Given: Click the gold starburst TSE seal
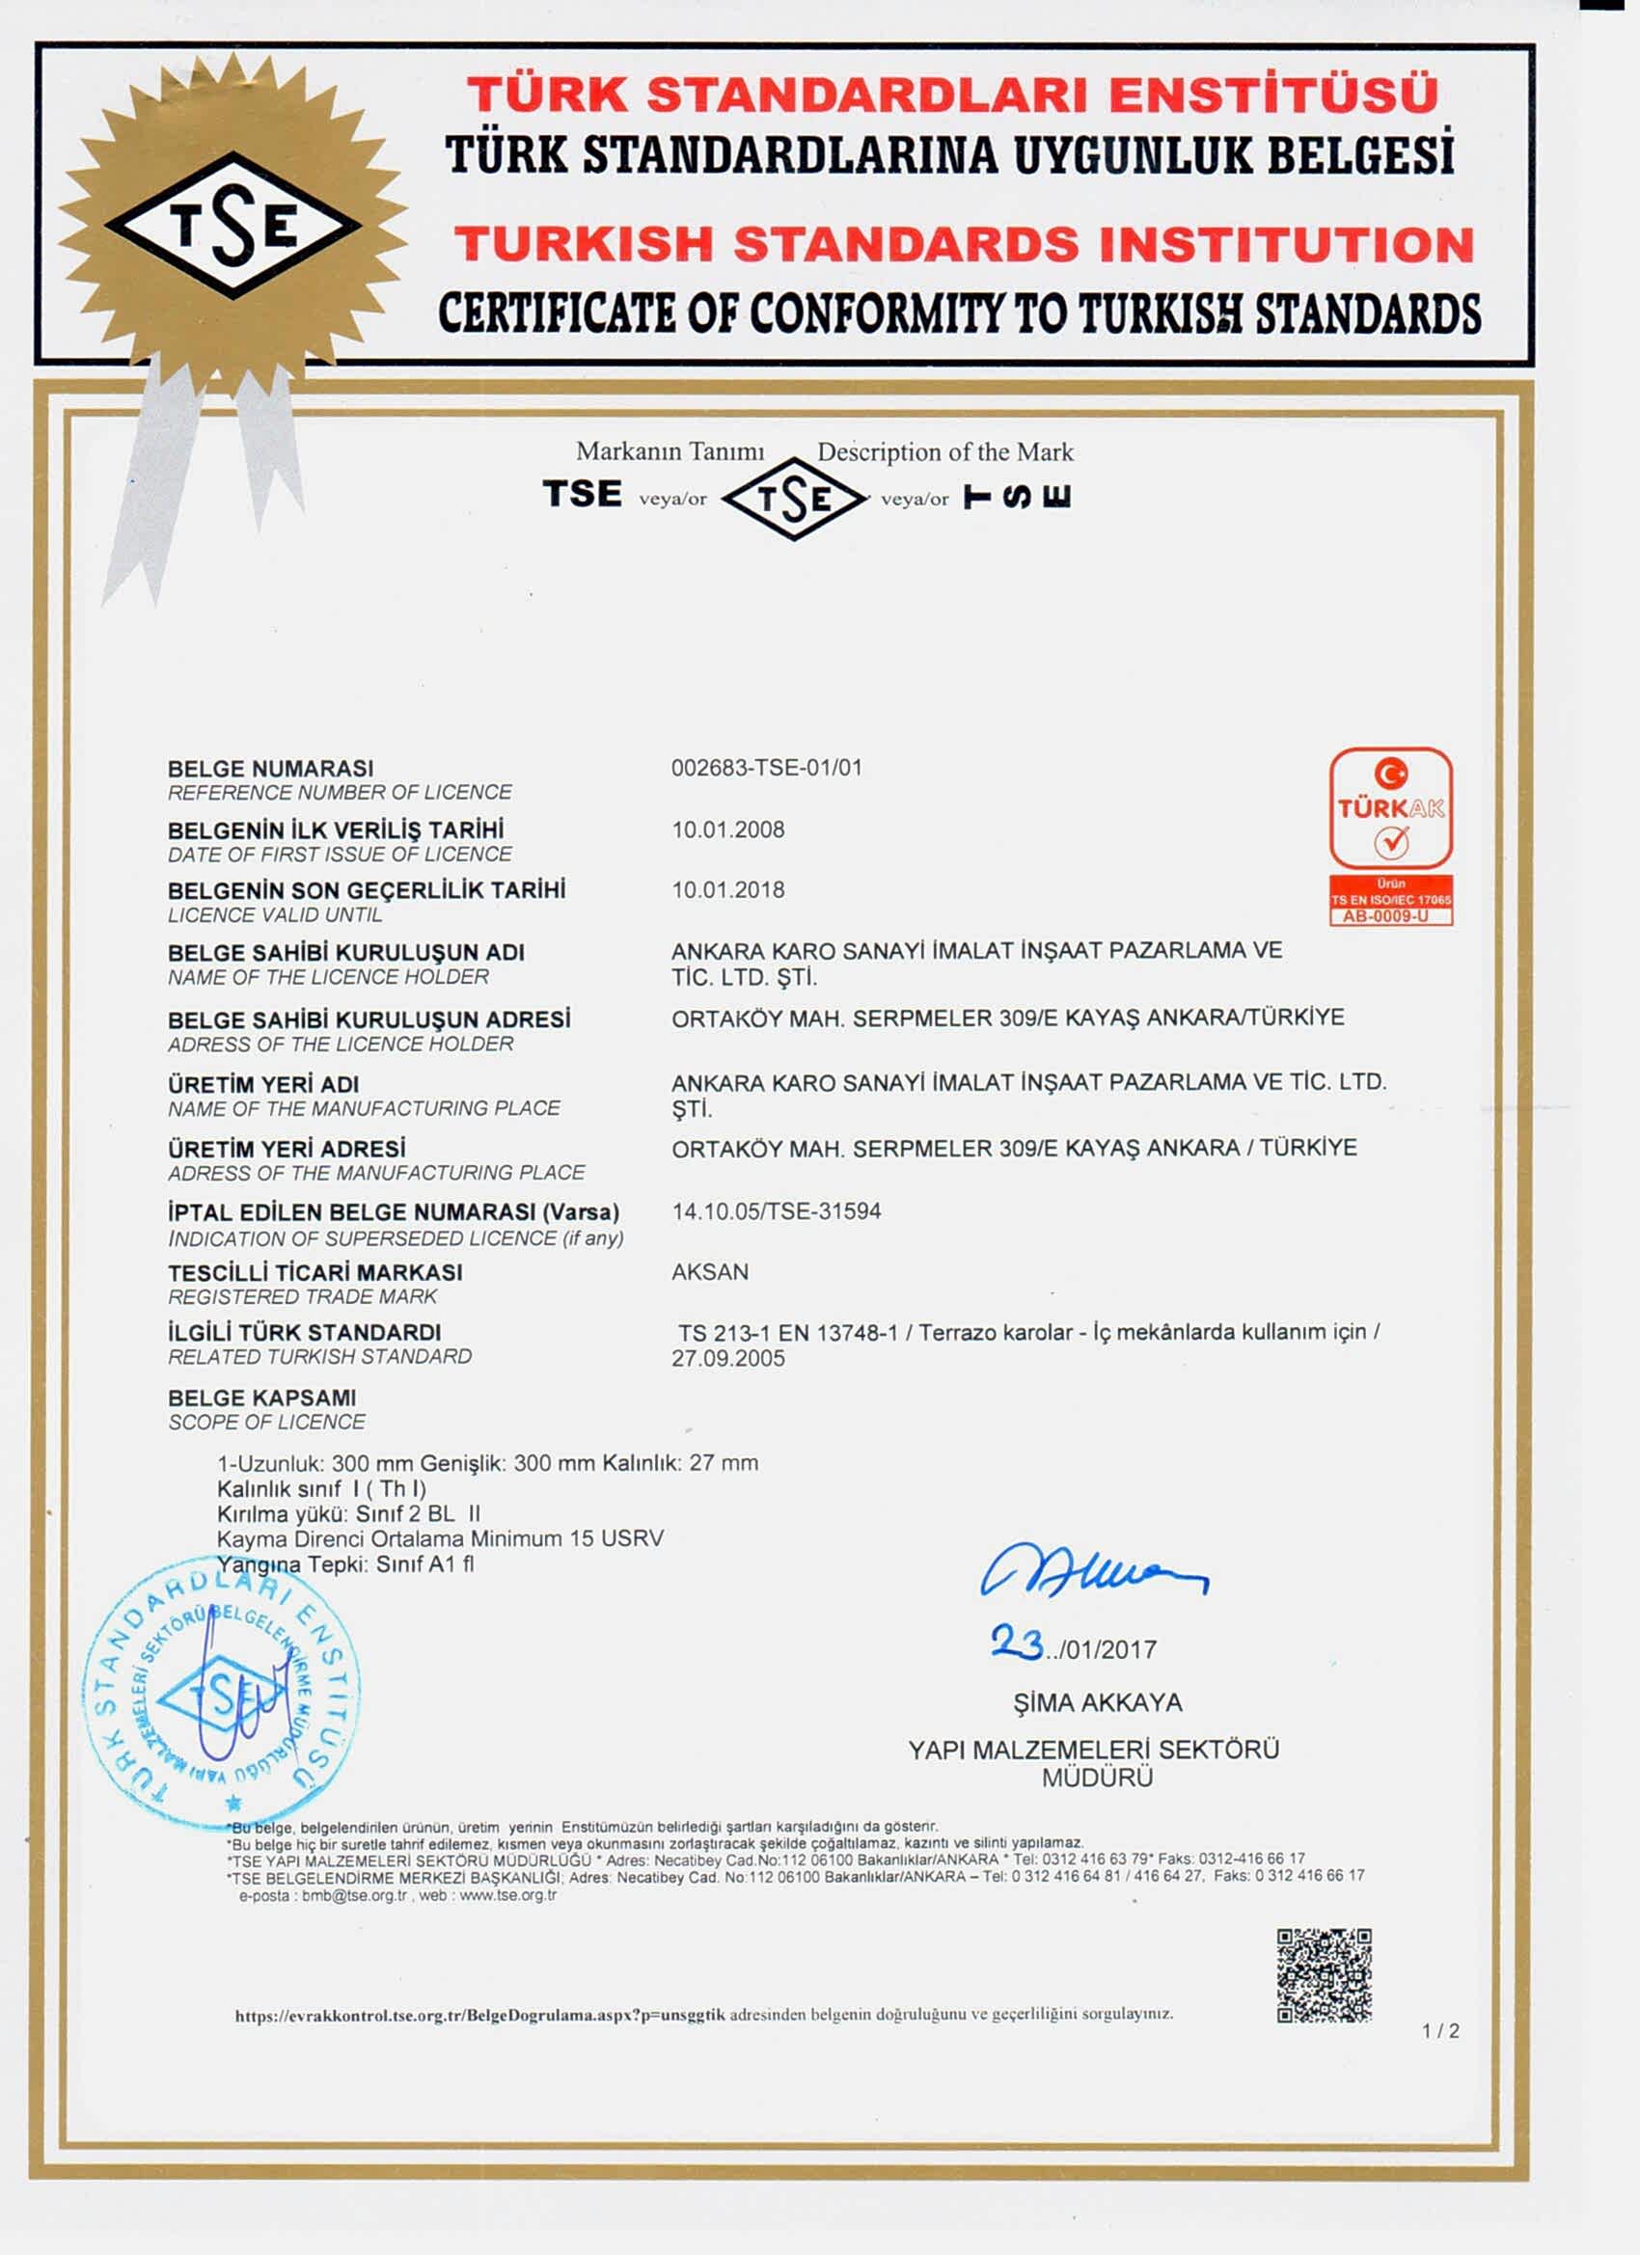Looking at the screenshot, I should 232,225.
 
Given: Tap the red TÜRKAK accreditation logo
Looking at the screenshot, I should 1391,836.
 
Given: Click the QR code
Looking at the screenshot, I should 1324,1975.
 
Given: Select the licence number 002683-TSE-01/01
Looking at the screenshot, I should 767,768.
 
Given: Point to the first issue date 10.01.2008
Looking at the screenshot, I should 728,829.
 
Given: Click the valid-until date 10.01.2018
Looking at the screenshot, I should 728,890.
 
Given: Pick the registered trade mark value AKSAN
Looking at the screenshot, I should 710,1271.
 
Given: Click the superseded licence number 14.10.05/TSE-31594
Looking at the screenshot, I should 777,1211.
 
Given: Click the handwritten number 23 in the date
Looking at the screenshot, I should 1017,1643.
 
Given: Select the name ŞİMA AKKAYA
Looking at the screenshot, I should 1097,1703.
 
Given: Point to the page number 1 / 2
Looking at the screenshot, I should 1440,2031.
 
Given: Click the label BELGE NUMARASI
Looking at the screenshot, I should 270,769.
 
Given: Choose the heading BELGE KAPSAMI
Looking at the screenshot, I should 261,1397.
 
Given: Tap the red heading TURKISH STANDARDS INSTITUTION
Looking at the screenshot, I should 964,245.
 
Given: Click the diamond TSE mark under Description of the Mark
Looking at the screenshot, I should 794,498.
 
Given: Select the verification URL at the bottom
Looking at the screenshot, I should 479,2016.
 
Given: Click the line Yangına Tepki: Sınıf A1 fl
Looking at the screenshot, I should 345,1564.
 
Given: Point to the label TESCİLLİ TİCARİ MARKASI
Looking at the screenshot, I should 315,1273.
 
